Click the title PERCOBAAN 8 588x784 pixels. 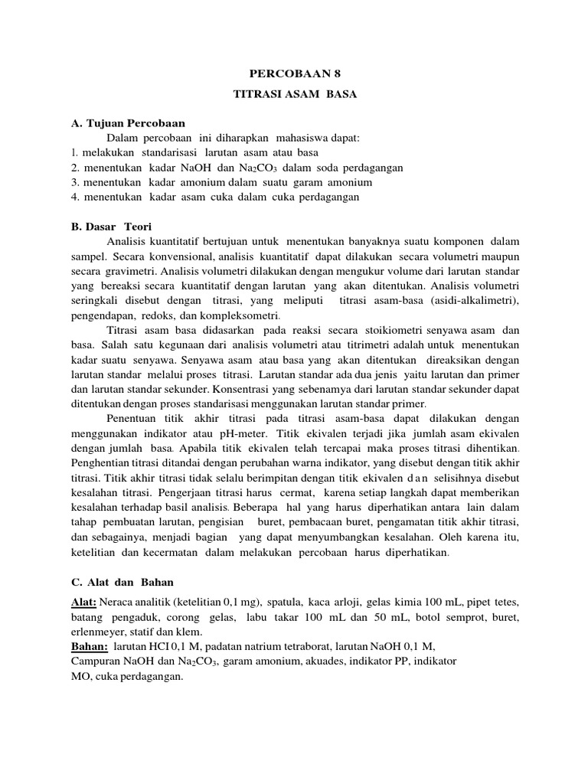pyautogui.click(x=294, y=74)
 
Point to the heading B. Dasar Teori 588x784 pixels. pyautogui.click(x=111, y=227)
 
